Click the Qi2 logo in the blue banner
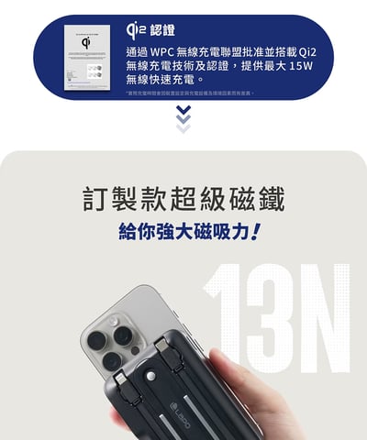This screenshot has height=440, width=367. (x=134, y=30)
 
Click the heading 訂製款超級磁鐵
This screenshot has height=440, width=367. (x=183, y=198)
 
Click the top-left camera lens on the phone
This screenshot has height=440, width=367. (x=101, y=321)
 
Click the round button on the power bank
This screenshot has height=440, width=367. (x=152, y=375)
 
